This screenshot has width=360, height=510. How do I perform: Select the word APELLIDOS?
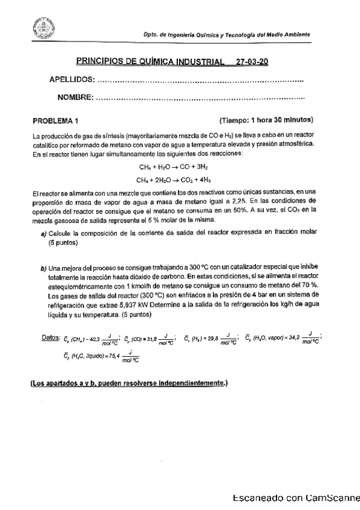[x=72, y=81]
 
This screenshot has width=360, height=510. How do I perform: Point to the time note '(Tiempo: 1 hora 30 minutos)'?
[x=266, y=120]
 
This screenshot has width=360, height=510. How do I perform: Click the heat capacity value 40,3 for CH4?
[x=96, y=340]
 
